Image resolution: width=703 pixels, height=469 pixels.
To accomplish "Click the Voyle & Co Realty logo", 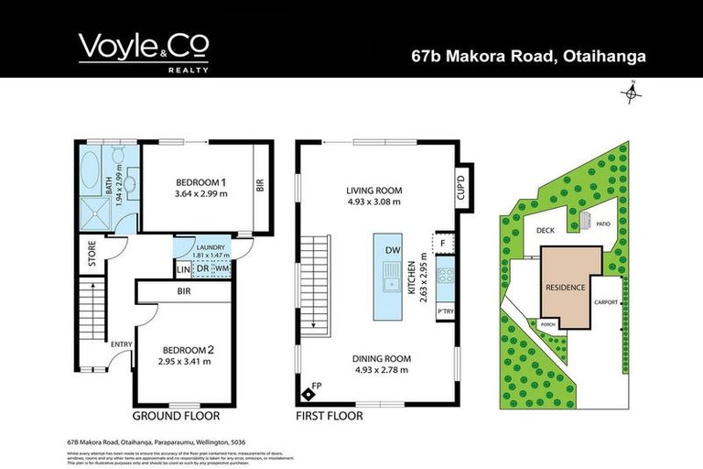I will (144, 51).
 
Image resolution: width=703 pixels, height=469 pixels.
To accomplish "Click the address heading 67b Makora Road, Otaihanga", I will (527, 57).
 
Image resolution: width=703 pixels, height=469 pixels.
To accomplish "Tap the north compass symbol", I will (633, 91).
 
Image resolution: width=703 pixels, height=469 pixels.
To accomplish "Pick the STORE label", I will (92, 253).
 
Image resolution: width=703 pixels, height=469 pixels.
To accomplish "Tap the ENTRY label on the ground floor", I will (122, 344).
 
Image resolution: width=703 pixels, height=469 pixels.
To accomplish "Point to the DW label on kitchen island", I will (391, 249).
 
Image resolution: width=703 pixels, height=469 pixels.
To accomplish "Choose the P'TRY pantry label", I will (446, 311).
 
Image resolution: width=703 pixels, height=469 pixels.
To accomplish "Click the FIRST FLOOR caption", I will (330, 415).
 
